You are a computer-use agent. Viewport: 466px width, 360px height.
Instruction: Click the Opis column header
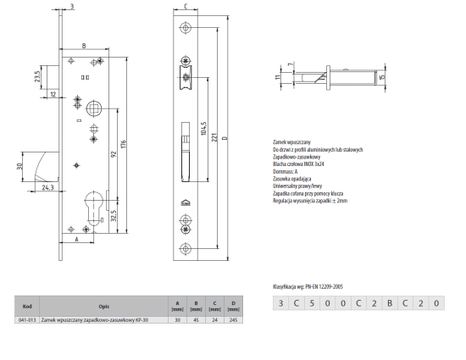click(103, 307)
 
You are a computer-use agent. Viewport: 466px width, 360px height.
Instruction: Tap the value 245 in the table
click(234, 320)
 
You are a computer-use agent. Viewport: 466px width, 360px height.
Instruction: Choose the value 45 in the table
click(197, 320)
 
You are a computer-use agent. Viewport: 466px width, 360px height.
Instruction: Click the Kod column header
click(28, 307)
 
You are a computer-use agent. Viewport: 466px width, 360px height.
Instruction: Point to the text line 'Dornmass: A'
click(286, 171)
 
